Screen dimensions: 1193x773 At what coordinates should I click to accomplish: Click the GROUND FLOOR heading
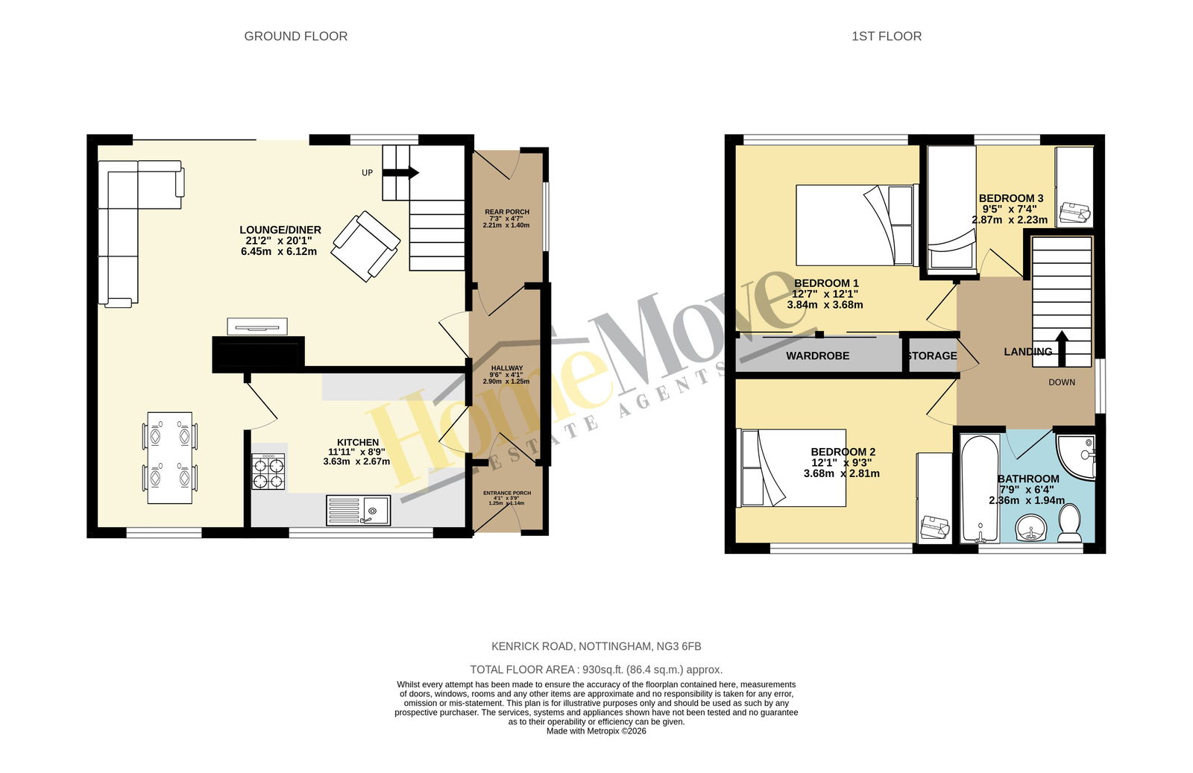pos(295,37)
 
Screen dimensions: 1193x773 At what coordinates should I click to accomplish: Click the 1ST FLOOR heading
pos(887,37)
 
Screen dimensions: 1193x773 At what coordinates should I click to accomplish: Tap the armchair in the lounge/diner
pos(365,246)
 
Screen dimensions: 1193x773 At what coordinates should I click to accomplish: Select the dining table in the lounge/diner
pos(170,458)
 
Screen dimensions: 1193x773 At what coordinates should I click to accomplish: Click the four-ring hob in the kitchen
pos(268,472)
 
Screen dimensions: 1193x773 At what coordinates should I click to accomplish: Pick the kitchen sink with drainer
pos(358,510)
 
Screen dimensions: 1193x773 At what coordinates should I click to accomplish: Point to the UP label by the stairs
pos(367,172)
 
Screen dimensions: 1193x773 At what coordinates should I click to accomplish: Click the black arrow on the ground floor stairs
pos(400,173)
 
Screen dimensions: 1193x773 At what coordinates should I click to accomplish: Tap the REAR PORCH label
pos(506,212)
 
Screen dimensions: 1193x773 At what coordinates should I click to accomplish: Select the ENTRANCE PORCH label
pos(506,493)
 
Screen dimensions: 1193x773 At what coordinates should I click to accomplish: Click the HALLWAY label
pos(506,368)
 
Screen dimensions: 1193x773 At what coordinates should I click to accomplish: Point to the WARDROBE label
pos(817,356)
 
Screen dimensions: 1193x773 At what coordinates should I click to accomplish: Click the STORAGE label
pos(933,356)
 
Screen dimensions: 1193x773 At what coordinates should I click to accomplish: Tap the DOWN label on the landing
pos(1062,382)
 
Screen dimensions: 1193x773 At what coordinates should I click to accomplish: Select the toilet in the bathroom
pos(1069,523)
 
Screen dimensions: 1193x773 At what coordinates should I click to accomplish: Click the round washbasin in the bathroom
pos(1030,528)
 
